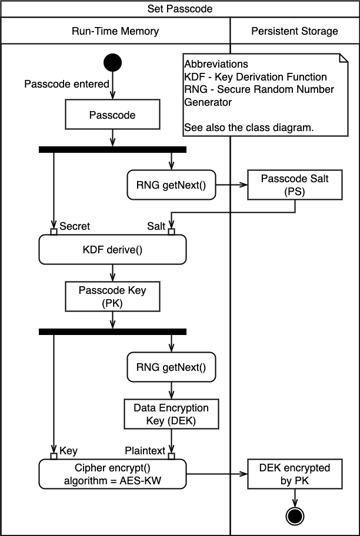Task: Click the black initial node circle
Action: [112, 62]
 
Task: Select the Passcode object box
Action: [112, 115]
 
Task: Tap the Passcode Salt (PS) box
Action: [295, 184]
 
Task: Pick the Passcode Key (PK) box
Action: [112, 296]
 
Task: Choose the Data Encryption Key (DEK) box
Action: [171, 414]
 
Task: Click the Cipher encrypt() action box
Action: [112, 474]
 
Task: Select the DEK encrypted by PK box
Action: [295, 474]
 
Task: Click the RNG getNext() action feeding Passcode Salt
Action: [171, 185]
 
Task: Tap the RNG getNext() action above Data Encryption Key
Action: [171, 368]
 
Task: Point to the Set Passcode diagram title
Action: [180, 9]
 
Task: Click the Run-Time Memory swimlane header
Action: [115, 31]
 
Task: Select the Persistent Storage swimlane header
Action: [295, 31]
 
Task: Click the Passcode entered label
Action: [66, 84]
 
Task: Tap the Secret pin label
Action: [74, 226]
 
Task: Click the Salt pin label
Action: [155, 226]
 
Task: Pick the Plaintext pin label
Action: [146, 450]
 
